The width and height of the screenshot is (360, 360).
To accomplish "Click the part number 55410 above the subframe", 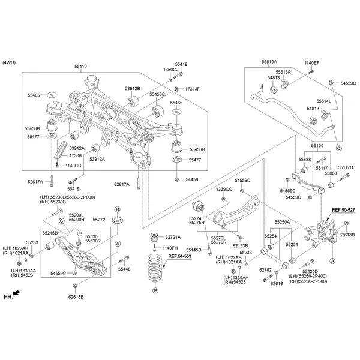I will click(x=80, y=66).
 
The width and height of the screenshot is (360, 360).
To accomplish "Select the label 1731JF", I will click(x=192, y=89).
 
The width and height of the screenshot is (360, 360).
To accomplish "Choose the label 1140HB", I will click(x=72, y=165).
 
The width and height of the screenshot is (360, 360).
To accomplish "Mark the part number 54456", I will click(x=192, y=179).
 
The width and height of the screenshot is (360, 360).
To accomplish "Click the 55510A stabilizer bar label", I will click(x=269, y=62).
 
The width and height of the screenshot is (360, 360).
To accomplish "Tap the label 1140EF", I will click(x=312, y=62).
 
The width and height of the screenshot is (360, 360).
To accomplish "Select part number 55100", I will click(x=317, y=146).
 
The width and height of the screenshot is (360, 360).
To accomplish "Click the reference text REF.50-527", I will click(x=343, y=210).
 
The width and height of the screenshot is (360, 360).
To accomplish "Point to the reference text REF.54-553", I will click(x=180, y=256).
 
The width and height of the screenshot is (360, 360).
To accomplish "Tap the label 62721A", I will click(x=173, y=238).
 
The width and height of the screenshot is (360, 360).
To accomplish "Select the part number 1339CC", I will click(x=224, y=190).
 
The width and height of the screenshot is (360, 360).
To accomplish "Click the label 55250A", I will click(x=282, y=222).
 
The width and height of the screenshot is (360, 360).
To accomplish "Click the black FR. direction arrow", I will click(x=16, y=293).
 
